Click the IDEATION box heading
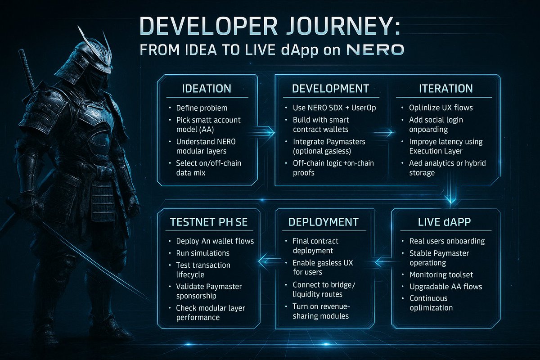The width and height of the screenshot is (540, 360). [x=207, y=89]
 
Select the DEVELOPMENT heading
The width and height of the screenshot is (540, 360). [x=330, y=89]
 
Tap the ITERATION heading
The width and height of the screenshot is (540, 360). [x=440, y=89]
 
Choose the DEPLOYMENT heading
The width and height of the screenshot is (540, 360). [x=323, y=222]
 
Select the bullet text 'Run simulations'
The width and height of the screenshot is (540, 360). [x=202, y=253]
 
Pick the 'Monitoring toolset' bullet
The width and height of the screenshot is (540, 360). [x=441, y=274]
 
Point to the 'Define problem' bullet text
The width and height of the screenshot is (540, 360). [x=202, y=108]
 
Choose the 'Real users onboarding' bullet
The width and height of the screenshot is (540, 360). [x=447, y=241]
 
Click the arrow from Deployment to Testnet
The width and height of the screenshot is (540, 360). [x=267, y=260]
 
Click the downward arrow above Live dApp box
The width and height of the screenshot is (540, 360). [x=450, y=198]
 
